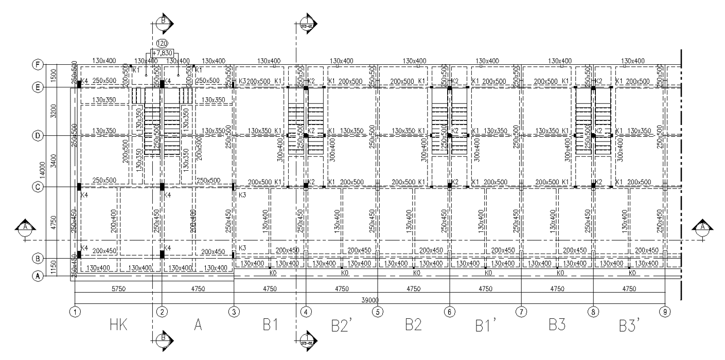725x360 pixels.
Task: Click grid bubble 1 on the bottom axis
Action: (75, 311)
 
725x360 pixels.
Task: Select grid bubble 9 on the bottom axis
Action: (665, 311)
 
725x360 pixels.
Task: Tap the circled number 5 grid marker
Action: (378, 311)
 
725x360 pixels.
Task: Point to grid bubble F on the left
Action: (38, 65)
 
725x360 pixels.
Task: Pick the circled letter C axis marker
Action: (38, 187)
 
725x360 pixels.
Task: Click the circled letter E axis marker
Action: (38, 87)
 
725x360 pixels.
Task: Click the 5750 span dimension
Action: (119, 289)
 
